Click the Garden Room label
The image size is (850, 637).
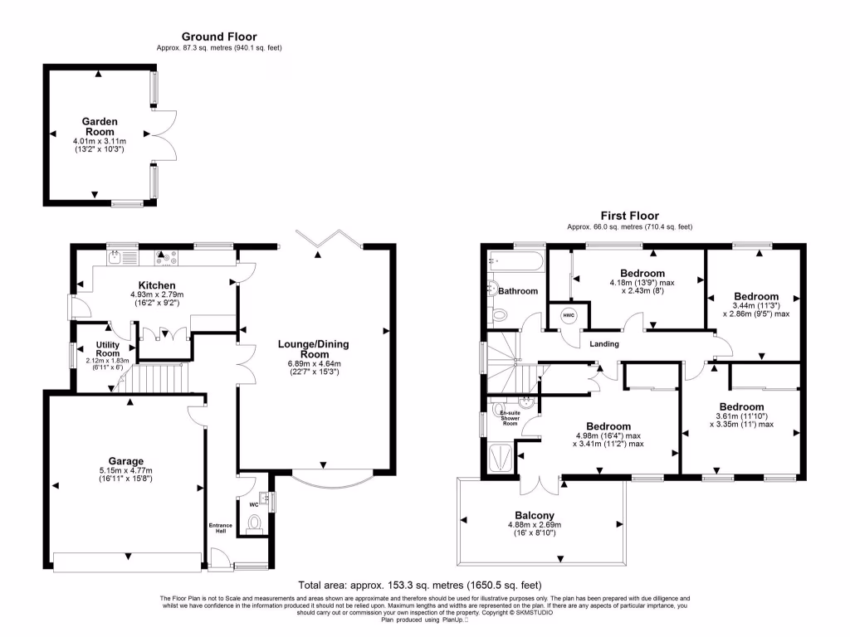click(99, 126)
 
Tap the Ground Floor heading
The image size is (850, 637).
click(219, 36)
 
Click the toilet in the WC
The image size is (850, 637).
click(256, 523)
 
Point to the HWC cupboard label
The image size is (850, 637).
click(569, 316)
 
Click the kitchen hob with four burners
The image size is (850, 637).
click(167, 259)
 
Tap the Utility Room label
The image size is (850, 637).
click(108, 348)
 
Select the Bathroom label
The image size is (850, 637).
click(519, 291)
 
